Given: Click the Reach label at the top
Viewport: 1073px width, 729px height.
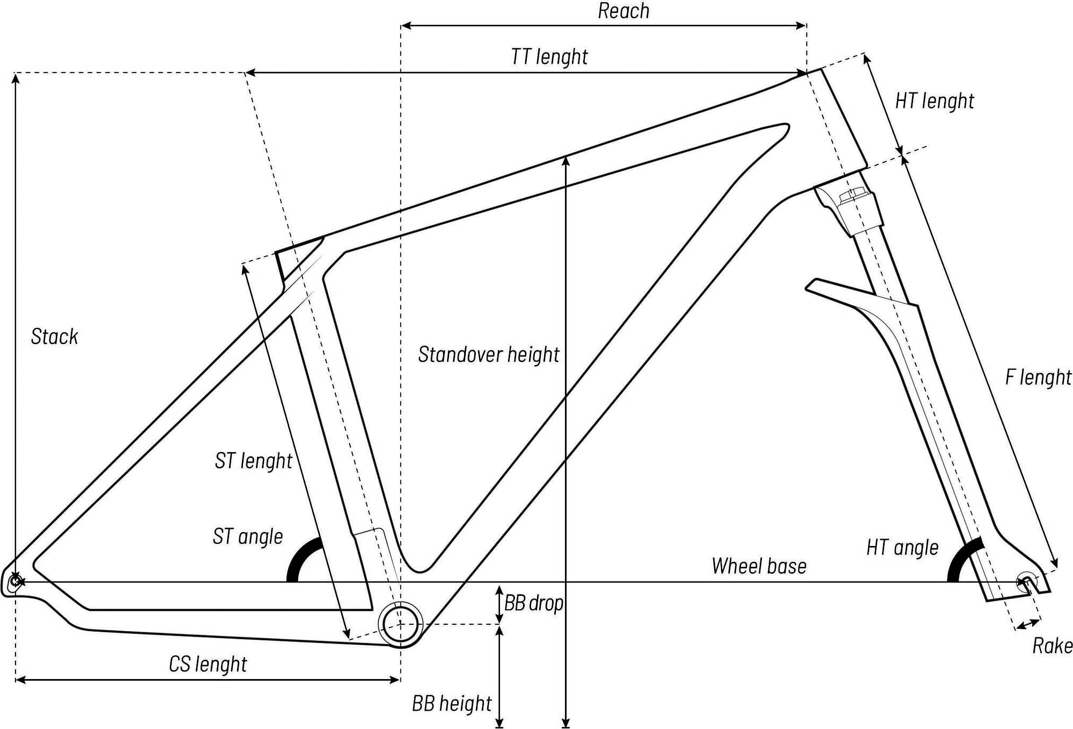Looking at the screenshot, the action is click(x=623, y=11).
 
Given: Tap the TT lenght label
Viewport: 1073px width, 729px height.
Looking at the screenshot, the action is click(x=549, y=57).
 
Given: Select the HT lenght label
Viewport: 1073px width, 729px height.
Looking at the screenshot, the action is click(x=935, y=101).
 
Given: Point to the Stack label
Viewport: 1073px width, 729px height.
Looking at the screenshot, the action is click(x=55, y=337).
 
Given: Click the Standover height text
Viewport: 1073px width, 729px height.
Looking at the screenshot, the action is click(x=489, y=355).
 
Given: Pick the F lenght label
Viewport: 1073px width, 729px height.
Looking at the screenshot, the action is click(x=1038, y=377).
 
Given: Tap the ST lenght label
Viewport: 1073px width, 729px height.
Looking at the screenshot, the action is click(x=253, y=461).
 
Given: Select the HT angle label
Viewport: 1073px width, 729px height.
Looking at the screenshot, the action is click(x=902, y=548).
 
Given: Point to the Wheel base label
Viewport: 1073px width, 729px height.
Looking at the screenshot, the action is click(x=759, y=566).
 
